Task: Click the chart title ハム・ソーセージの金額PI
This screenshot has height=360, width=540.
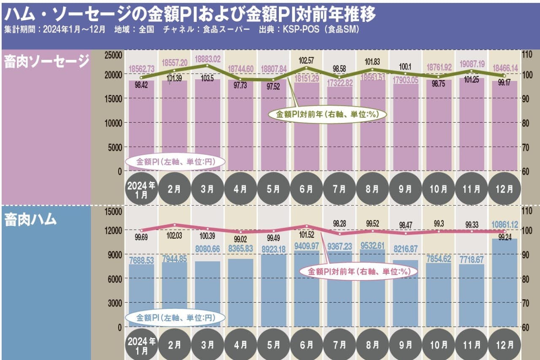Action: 190,15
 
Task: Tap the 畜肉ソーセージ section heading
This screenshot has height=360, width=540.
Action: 46,62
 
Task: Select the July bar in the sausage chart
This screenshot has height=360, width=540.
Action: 340,129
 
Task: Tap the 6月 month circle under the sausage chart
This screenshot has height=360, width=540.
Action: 307,189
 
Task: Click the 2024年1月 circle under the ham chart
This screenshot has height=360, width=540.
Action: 142,344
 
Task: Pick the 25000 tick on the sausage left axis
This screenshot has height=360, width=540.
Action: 113,55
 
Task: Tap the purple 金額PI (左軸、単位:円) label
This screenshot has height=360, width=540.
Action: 175,161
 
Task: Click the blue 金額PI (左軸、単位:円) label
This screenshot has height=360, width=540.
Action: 175,317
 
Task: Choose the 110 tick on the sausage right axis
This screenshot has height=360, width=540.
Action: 528,55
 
